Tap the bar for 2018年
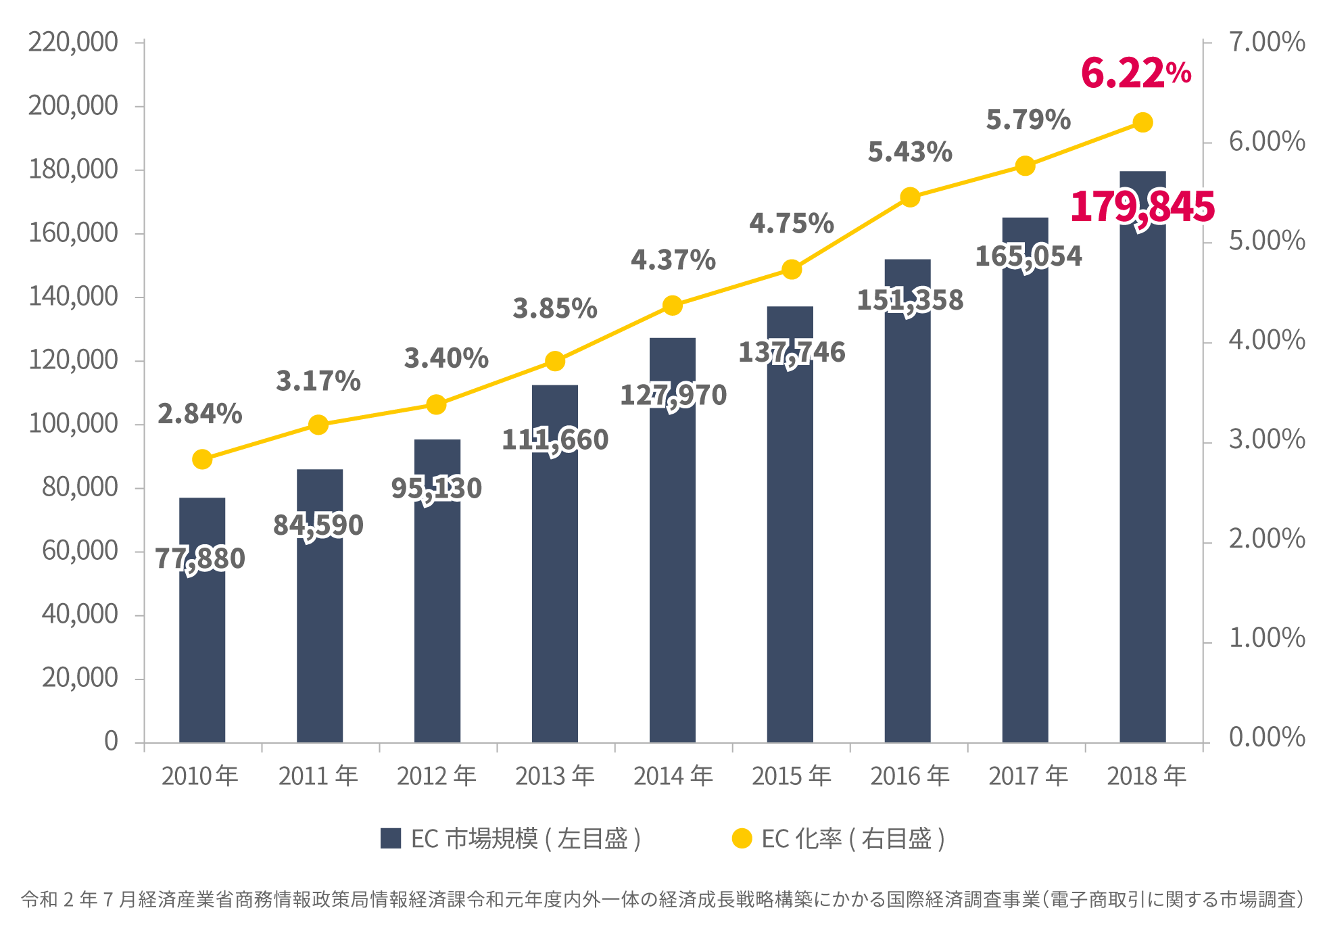pos(1142,473)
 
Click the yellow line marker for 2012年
pos(437,405)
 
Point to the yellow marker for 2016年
pos(910,197)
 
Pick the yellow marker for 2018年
pos(1142,122)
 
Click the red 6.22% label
pos(1135,73)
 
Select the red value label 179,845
pos(1142,206)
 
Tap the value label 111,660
pos(555,440)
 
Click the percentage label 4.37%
pos(673,260)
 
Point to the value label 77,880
pos(200,558)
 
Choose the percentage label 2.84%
pos(200,414)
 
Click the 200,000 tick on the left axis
pos(73,106)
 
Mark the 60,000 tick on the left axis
pos(80,551)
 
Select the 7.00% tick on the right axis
pos(1266,42)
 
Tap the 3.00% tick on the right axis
pos(1266,439)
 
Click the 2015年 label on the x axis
pos(792,776)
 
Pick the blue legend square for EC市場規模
pos(391,838)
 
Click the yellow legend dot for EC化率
pos(742,838)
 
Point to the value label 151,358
pos(910,300)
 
